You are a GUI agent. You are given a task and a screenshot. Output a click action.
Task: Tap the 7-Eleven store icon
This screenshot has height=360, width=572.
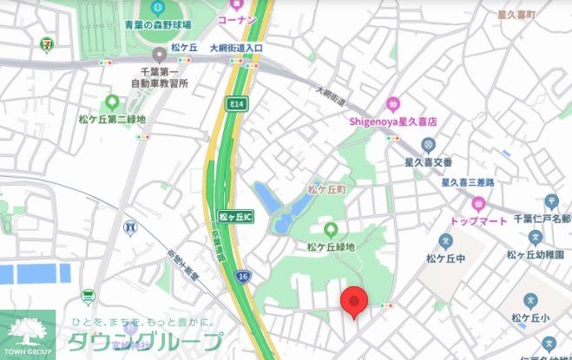pos(46,41)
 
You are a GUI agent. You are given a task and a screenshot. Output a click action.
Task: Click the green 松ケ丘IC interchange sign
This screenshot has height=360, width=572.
pos(234,216)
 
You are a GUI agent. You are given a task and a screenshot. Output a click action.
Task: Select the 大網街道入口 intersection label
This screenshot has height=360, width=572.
pos(235,48)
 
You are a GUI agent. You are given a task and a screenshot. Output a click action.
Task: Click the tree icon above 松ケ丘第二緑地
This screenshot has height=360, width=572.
pos(111,101)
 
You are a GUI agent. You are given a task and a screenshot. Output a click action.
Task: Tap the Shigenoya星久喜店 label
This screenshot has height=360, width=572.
pos(392,122)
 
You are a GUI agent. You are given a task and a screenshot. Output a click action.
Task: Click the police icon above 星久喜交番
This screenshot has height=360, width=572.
pos(428,143)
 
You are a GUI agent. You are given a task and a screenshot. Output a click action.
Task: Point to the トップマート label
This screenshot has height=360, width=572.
pos(478,221)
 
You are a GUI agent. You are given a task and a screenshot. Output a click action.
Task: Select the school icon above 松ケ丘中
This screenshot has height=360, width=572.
pos(446,240)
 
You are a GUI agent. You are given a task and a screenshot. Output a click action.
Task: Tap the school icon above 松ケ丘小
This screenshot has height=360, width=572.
pos(530,300)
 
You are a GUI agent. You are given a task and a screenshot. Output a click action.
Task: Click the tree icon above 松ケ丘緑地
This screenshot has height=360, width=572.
pos(330,230)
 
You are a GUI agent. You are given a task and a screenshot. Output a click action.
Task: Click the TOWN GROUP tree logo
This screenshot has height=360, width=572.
pos(28,332)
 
